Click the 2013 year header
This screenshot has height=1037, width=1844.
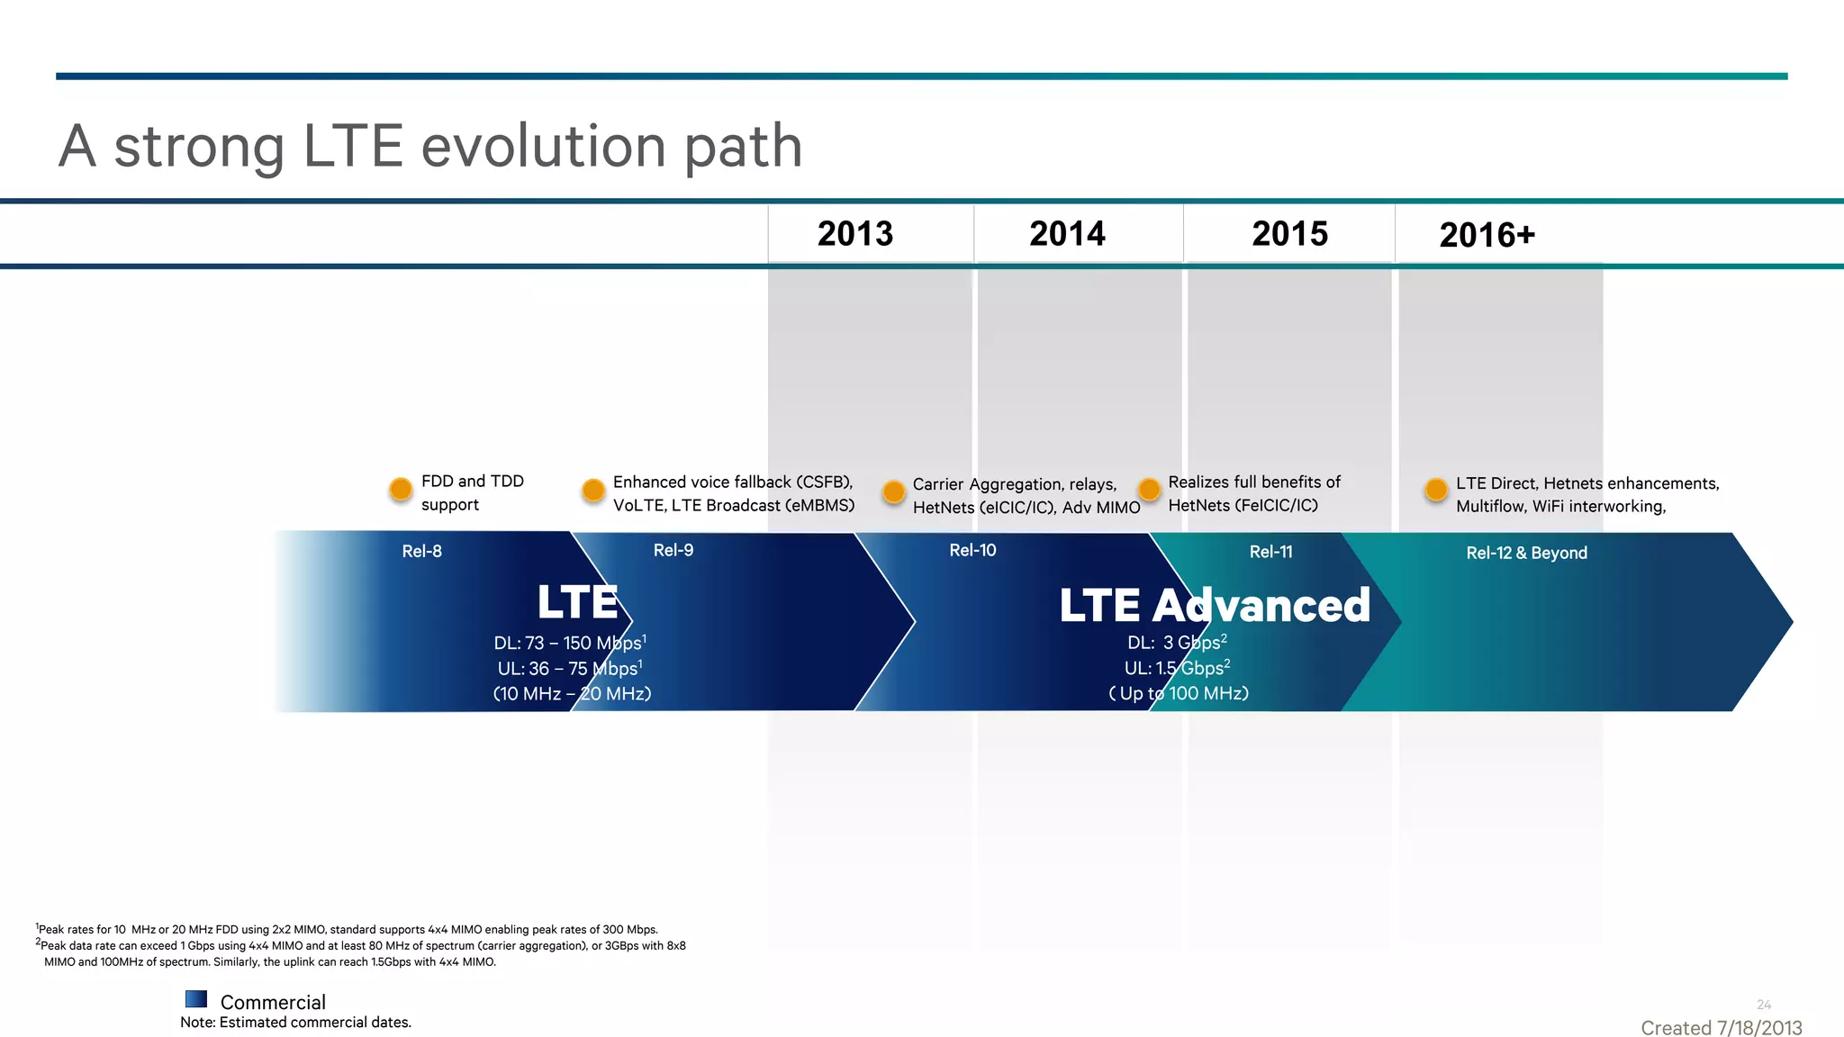click(x=854, y=234)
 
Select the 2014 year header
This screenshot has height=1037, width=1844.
click(x=1067, y=234)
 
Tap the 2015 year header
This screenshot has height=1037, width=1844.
click(x=1289, y=234)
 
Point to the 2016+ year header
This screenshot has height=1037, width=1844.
click(x=1487, y=236)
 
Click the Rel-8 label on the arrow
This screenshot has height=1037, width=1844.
click(x=421, y=552)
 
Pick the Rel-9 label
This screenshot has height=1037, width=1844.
click(x=673, y=550)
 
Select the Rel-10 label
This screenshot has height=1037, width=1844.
click(x=972, y=550)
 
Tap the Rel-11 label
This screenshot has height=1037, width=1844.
click(x=1270, y=552)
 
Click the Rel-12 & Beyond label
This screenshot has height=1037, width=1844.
click(x=1526, y=553)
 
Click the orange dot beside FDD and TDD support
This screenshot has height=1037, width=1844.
click(x=401, y=490)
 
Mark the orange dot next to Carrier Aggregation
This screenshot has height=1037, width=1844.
click(x=893, y=492)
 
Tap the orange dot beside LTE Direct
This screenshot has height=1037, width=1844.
click(x=1436, y=490)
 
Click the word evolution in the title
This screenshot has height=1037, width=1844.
click(x=543, y=147)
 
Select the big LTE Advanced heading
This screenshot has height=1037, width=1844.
click(x=1214, y=605)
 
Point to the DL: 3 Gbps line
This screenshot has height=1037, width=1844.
click(x=1176, y=643)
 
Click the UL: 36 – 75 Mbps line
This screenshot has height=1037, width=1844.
click(x=569, y=669)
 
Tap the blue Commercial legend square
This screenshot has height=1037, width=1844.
click(x=196, y=999)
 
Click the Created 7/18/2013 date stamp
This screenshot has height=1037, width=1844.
click(x=1721, y=1028)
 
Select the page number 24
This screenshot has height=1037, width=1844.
click(x=1763, y=1005)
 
